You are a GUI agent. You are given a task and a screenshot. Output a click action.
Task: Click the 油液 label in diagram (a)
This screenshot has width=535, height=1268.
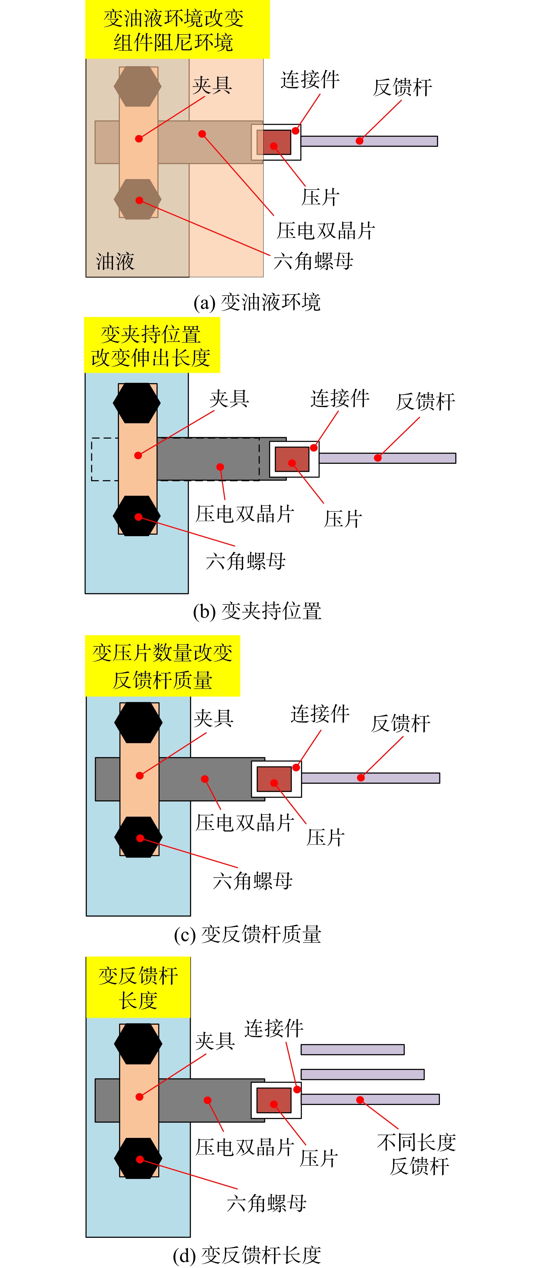click(x=115, y=261)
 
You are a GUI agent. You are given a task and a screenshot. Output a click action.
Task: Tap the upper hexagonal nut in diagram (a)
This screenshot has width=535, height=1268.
click(x=137, y=86)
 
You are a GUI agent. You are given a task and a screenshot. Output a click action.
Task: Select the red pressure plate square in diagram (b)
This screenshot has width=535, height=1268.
click(x=292, y=459)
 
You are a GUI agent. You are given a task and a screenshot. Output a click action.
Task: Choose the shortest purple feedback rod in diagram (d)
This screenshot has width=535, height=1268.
click(x=352, y=1049)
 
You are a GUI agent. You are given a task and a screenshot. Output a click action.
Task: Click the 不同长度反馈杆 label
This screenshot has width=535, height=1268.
click(x=417, y=1154)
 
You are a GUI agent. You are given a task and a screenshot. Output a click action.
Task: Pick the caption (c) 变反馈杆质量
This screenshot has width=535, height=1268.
click(x=248, y=934)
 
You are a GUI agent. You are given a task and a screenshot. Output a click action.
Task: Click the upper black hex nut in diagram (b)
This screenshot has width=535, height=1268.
click(x=137, y=403)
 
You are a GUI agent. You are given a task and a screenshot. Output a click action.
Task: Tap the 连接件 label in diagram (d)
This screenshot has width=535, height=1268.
click(x=274, y=1028)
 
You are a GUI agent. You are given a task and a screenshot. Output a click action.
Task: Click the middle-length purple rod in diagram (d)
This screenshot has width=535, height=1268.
click(x=362, y=1074)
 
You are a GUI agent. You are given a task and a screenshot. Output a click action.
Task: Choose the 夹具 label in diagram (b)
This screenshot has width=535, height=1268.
click(x=229, y=398)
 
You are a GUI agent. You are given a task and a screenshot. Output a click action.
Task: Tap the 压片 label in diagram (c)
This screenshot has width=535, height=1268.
click(x=326, y=837)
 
